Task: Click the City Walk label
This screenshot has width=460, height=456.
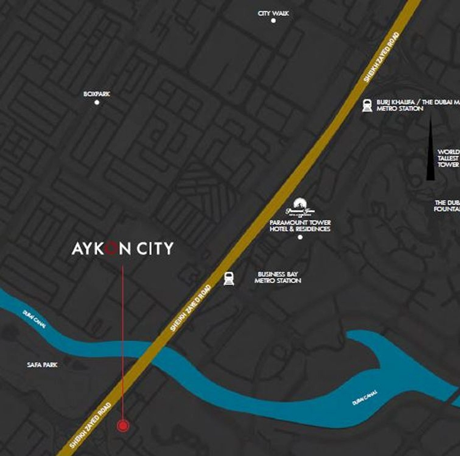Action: tap(273, 13)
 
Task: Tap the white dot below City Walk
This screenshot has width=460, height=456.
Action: tap(273, 21)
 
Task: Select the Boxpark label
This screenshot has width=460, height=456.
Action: tap(96, 94)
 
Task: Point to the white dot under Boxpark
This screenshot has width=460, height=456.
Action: tap(97, 102)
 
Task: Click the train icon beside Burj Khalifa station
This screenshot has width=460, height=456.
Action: tap(367, 105)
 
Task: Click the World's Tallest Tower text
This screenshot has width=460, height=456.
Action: tap(448, 158)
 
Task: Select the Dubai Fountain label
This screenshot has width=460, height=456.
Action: tap(447, 206)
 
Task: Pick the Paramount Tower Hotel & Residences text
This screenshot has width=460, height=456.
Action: tap(300, 226)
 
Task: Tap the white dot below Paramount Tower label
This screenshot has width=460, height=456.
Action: tap(300, 237)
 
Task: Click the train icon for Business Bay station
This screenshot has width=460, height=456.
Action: tap(229, 279)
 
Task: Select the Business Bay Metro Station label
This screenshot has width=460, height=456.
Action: tap(278, 277)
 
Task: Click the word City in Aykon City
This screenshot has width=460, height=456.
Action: tap(155, 249)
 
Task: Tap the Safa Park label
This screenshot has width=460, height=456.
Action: tap(42, 365)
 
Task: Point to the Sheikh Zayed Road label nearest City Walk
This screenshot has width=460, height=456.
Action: tap(382, 57)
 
